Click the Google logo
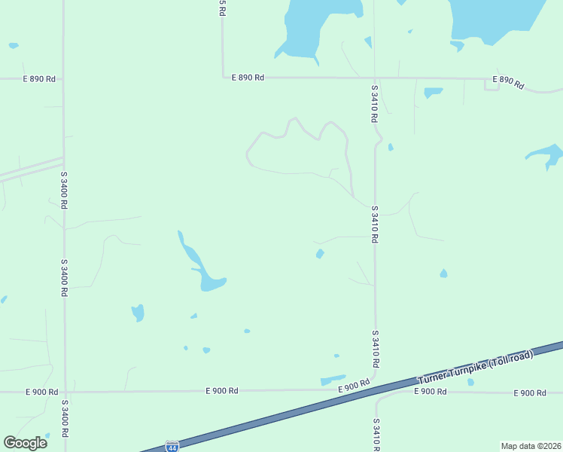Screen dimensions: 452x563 26,442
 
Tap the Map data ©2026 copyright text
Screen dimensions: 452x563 531,446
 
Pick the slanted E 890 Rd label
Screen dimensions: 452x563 508,82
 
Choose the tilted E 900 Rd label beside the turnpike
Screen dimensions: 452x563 354,386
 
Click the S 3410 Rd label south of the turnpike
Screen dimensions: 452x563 375,435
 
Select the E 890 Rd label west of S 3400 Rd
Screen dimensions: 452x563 39,78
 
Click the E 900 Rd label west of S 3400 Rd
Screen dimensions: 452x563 42,392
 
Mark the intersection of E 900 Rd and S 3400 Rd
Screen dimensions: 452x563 65,392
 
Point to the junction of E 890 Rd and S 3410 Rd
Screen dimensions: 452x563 374,78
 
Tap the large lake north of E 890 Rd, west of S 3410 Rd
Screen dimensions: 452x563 316,26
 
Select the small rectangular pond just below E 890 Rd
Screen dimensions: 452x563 433,93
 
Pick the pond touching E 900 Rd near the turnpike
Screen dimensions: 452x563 332,380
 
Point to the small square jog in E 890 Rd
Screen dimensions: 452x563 491,84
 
